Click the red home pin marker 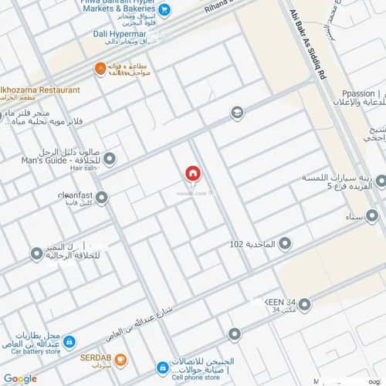pyautogui.click(x=192, y=174)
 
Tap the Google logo pyautogui.click(x=19, y=378)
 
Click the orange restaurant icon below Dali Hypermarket pyautogui.click(x=100, y=69)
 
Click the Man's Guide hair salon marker pyautogui.click(x=110, y=160)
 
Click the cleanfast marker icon pyautogui.click(x=101, y=198)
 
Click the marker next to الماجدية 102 pyautogui.click(x=284, y=244)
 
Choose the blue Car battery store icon pyautogui.click(x=69, y=340)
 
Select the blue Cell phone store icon pyautogui.click(x=162, y=367)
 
